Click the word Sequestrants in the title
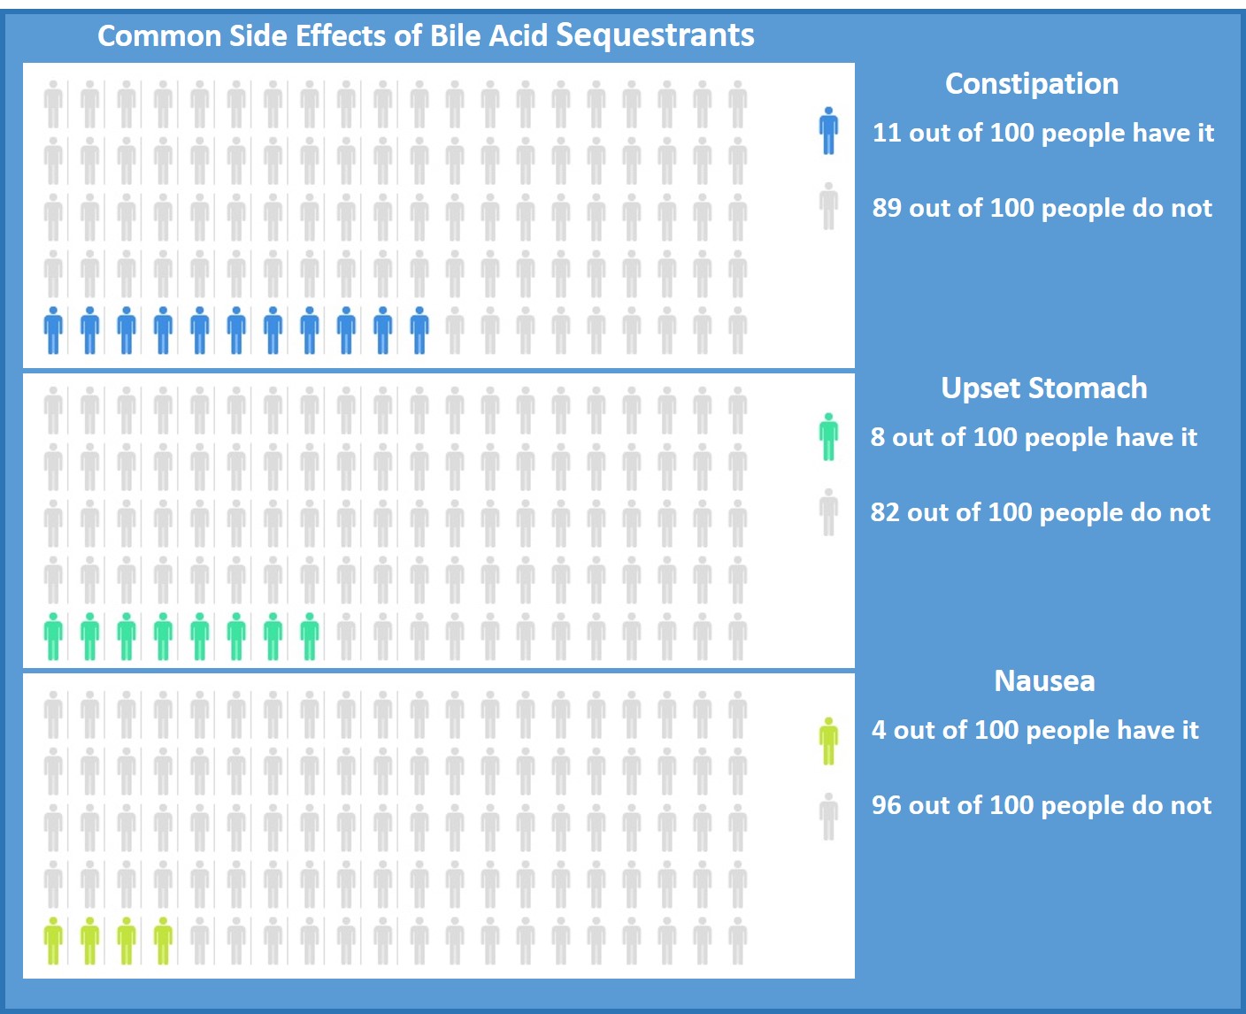click(x=655, y=35)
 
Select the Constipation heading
click(x=1032, y=83)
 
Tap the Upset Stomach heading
click(x=1044, y=388)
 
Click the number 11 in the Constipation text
click(x=887, y=133)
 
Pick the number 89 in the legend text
click(x=888, y=208)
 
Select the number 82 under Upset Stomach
click(x=886, y=512)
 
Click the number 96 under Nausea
click(x=887, y=805)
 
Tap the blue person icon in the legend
click(x=828, y=131)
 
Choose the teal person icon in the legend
click(x=828, y=436)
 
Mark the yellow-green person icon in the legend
click(x=828, y=741)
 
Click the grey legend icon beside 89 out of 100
click(x=828, y=206)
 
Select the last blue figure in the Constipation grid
click(x=419, y=330)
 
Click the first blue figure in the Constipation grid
click(x=54, y=330)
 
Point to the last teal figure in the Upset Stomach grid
click(x=309, y=636)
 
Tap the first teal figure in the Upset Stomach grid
click(x=54, y=636)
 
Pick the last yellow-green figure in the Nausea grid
click(x=163, y=941)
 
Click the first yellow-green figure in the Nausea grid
click(x=54, y=941)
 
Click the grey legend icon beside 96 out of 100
click(x=828, y=816)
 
